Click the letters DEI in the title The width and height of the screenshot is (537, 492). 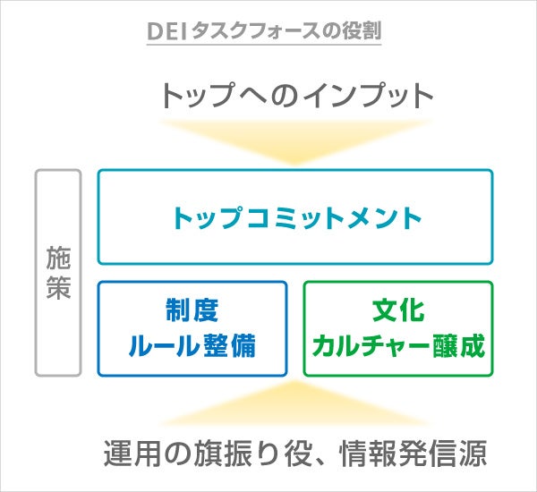click(167, 30)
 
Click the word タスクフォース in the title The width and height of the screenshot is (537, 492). click(254, 30)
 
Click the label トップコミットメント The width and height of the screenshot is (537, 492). click(296, 216)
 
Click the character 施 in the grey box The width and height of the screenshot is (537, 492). click(58, 258)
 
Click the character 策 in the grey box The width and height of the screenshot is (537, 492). click(58, 288)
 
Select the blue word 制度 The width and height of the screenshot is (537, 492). click(192, 311)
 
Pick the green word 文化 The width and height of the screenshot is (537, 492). click(398, 311)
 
